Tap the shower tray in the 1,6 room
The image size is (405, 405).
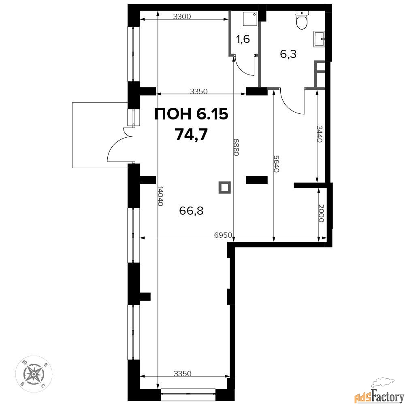(250, 19)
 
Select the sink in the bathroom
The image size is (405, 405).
(319, 39)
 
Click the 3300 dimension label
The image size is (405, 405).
(182, 17)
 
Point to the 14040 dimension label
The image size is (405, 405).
(160, 196)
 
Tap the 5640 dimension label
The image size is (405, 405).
(276, 164)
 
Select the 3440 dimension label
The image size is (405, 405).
(320, 134)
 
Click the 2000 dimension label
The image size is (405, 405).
(321, 213)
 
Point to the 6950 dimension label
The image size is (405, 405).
(223, 235)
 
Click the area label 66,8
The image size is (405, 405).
(191, 211)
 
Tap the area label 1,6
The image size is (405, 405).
(243, 39)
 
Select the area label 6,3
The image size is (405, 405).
(288, 54)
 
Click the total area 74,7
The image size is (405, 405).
(192, 134)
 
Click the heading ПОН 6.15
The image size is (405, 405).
(192, 114)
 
